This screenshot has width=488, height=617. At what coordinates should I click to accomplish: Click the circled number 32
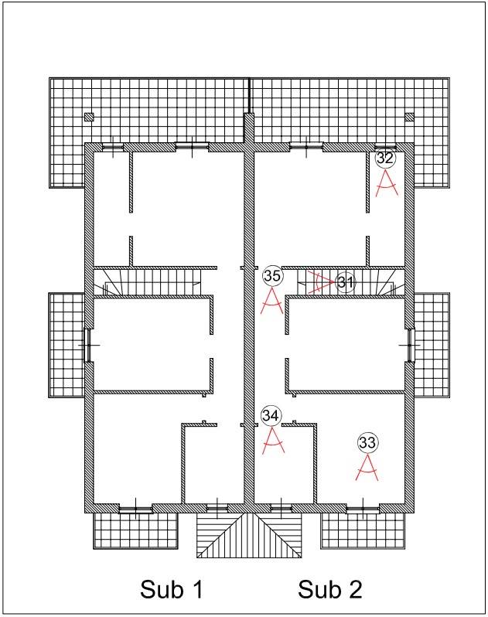click(x=385, y=159)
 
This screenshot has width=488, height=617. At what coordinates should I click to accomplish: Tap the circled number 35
click(x=272, y=276)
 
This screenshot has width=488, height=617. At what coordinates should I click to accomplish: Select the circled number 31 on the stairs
click(x=345, y=282)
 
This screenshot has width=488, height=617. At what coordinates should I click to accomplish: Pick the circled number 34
click(x=271, y=415)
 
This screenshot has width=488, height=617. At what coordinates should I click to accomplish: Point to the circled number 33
click(x=367, y=443)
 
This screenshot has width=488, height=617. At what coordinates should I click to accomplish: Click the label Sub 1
click(x=172, y=589)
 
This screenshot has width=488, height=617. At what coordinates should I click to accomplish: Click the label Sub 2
click(x=329, y=589)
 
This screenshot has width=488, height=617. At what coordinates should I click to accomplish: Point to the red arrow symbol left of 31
click(x=321, y=282)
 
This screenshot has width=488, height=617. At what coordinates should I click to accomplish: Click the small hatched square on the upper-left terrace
click(x=89, y=117)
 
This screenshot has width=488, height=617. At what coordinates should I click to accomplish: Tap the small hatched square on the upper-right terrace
click(x=410, y=117)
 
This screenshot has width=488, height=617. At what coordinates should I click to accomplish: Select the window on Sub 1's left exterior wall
click(x=88, y=345)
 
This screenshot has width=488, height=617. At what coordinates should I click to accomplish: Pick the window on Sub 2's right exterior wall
click(x=411, y=345)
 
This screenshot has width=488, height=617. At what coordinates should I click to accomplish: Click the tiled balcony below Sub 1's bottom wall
click(x=136, y=531)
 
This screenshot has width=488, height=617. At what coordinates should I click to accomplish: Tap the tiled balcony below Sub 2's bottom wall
click(x=363, y=531)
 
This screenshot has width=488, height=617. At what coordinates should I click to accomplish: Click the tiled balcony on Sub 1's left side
click(x=67, y=345)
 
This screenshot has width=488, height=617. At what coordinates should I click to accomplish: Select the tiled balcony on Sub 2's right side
click(x=432, y=345)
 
